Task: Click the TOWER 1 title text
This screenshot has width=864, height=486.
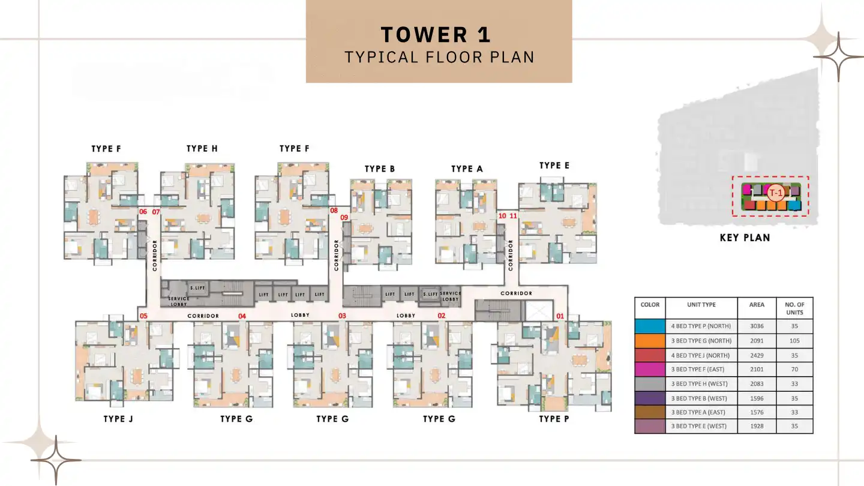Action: [x=436, y=35]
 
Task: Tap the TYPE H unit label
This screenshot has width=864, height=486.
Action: [x=202, y=149]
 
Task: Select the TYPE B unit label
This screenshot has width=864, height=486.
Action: [x=380, y=169]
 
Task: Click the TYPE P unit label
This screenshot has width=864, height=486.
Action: [x=554, y=419]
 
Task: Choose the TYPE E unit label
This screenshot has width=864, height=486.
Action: [x=554, y=166]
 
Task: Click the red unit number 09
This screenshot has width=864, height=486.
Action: [x=344, y=218]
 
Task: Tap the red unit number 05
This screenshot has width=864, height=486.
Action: [x=143, y=316]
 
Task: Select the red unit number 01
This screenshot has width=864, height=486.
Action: [x=560, y=316]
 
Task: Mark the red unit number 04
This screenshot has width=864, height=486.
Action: [x=242, y=316]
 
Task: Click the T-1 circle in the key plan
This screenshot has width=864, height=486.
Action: [x=776, y=193]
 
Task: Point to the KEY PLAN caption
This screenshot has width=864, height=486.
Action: [x=745, y=238]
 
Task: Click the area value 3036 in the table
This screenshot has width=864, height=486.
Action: [x=757, y=326]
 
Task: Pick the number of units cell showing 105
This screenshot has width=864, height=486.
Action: [x=794, y=341]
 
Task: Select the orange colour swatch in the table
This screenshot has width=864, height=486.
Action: [x=650, y=341]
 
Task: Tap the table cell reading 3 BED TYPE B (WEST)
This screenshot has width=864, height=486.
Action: [x=701, y=398]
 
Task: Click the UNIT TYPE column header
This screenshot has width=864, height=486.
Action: [x=701, y=305]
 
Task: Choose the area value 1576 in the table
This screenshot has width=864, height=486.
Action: [x=757, y=413]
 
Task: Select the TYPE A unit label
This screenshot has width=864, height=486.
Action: [x=467, y=169]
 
